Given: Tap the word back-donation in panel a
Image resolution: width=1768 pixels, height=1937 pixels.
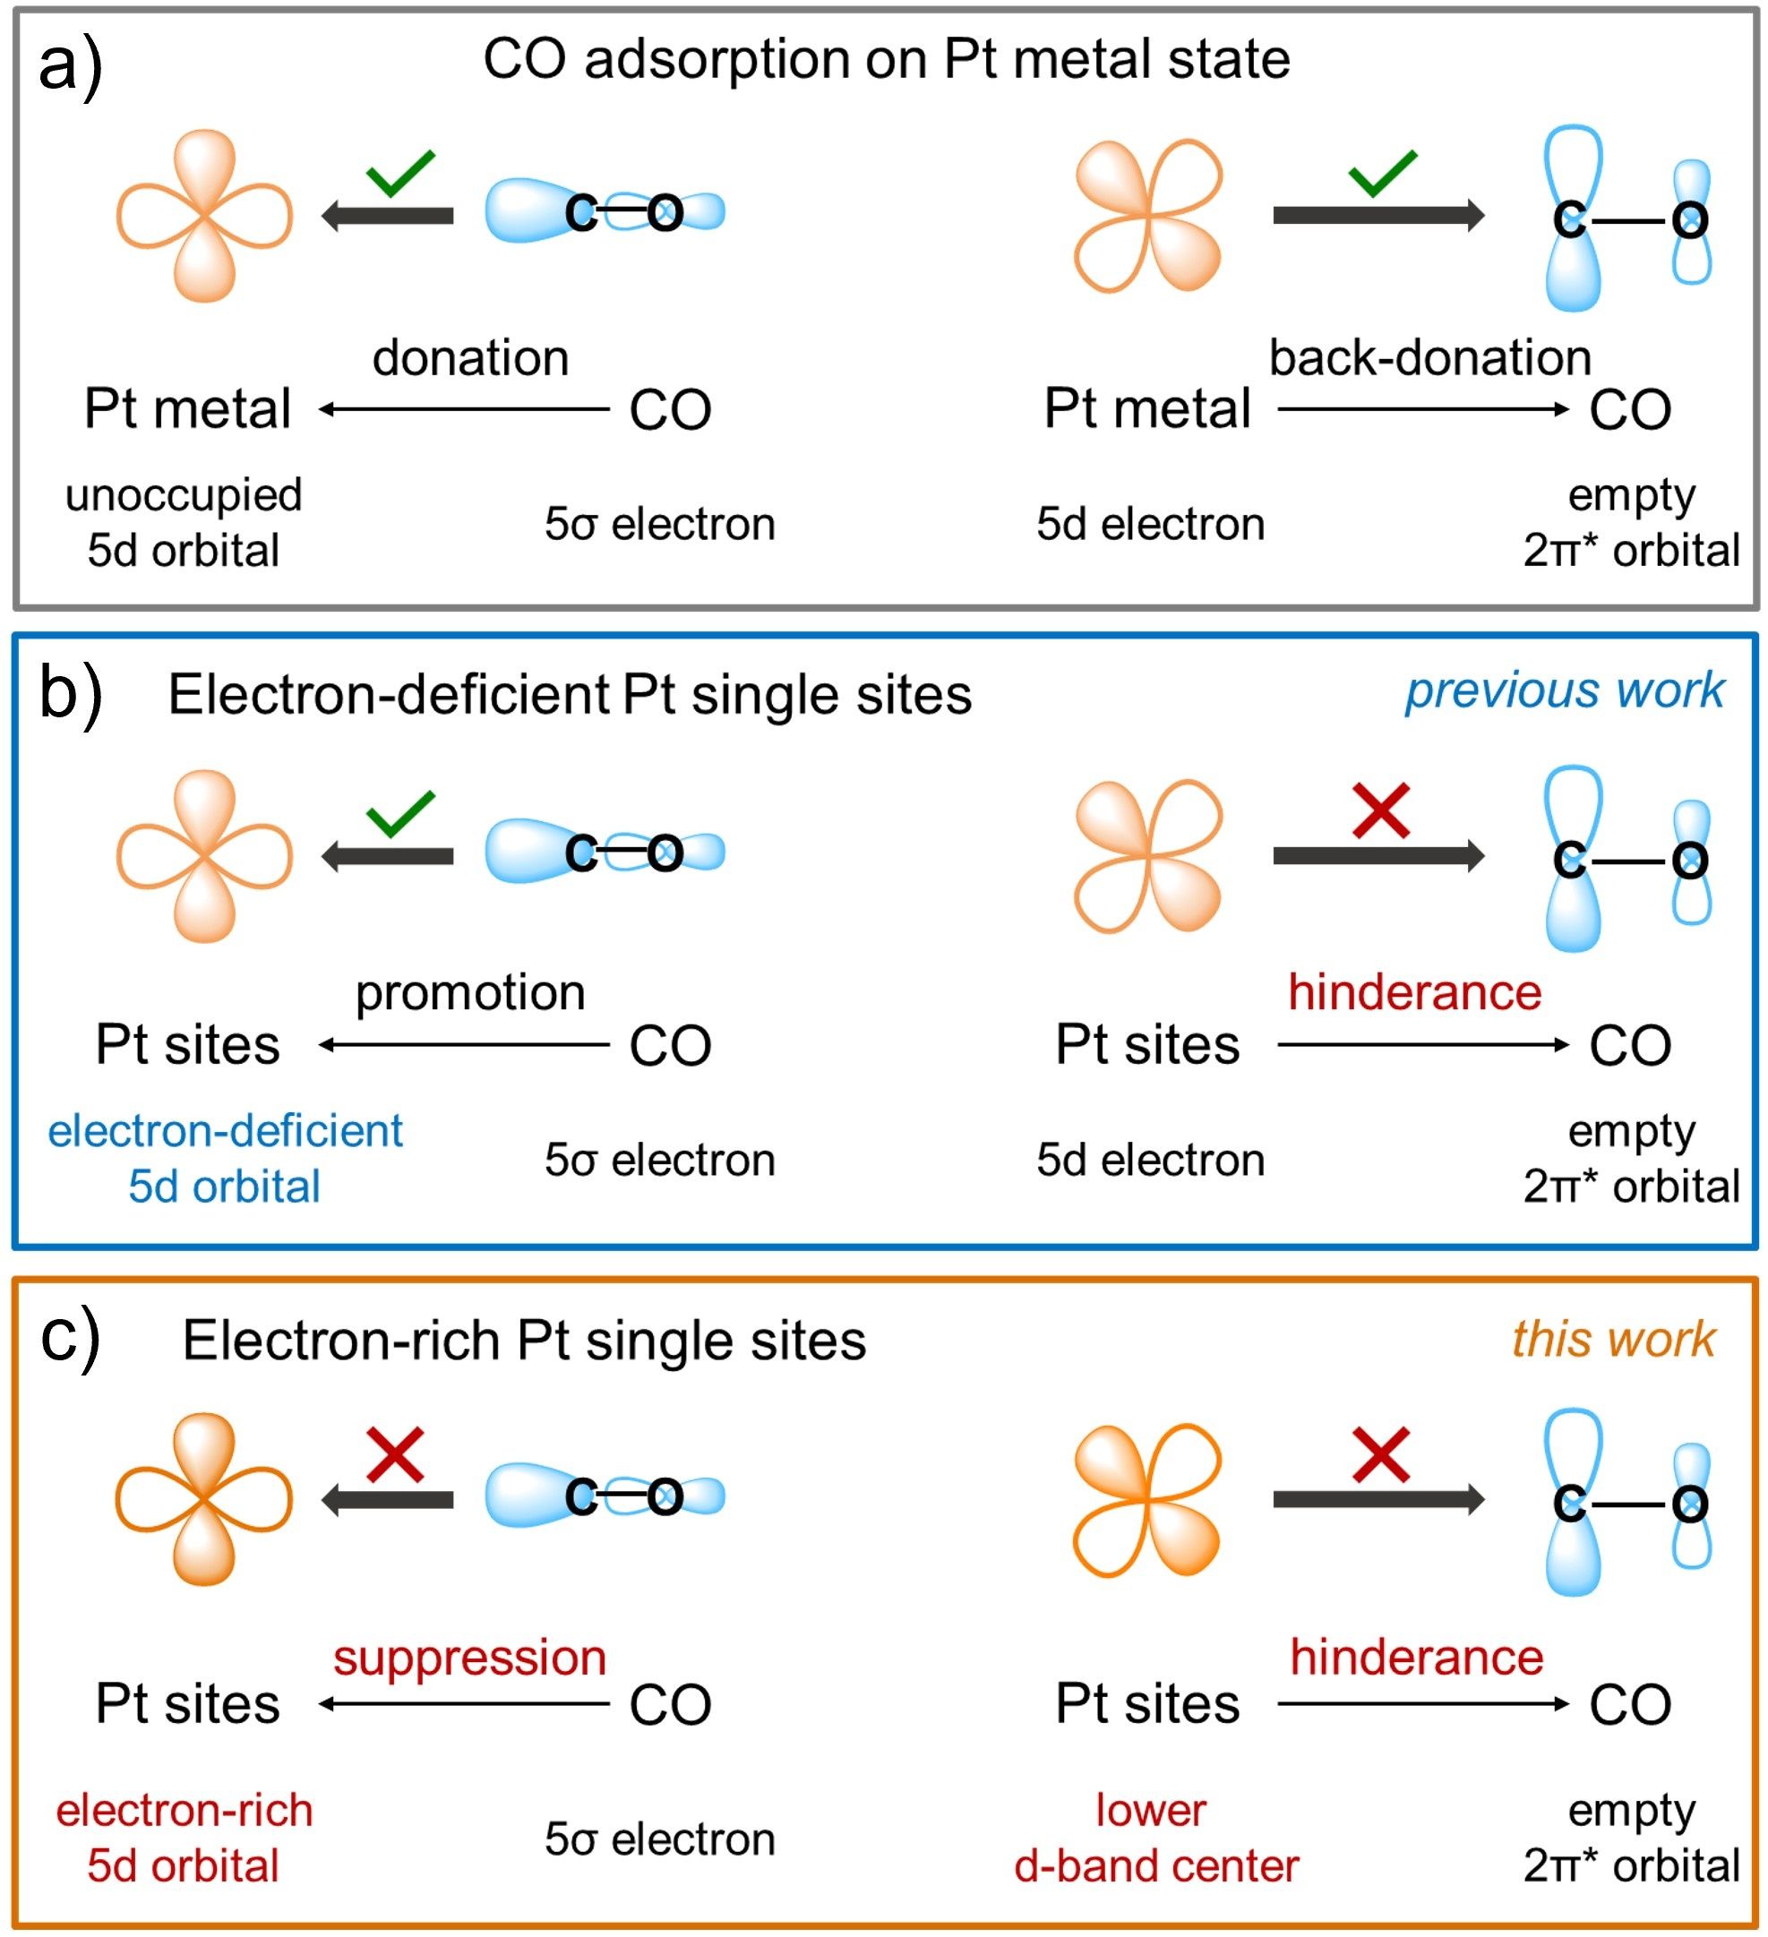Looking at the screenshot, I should click(x=1429, y=358).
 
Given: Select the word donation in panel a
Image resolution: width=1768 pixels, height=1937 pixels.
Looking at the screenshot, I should click(x=471, y=358).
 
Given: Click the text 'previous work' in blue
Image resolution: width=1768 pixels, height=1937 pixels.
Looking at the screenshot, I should click(x=1565, y=690).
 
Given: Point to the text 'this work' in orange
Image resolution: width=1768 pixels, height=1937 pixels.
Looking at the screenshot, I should click(x=1613, y=1340).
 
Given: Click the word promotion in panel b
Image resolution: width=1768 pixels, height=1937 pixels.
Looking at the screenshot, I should click(x=471, y=992).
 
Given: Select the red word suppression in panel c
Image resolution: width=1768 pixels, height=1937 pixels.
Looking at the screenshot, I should click(x=470, y=1658).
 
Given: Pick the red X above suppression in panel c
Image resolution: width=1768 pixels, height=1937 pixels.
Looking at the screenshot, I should click(x=395, y=1454).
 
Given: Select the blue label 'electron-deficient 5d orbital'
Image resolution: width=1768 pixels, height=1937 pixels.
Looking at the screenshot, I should click(x=225, y=1159).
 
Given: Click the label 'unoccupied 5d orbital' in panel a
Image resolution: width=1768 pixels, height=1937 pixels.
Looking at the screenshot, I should click(x=184, y=523).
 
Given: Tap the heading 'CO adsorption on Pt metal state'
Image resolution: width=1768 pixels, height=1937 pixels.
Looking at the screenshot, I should click(x=886, y=60).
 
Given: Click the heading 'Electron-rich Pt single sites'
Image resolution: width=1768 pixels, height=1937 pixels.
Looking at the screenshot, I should click(x=525, y=1341).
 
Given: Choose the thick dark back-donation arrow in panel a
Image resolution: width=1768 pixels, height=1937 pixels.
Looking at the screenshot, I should click(x=1377, y=214).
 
